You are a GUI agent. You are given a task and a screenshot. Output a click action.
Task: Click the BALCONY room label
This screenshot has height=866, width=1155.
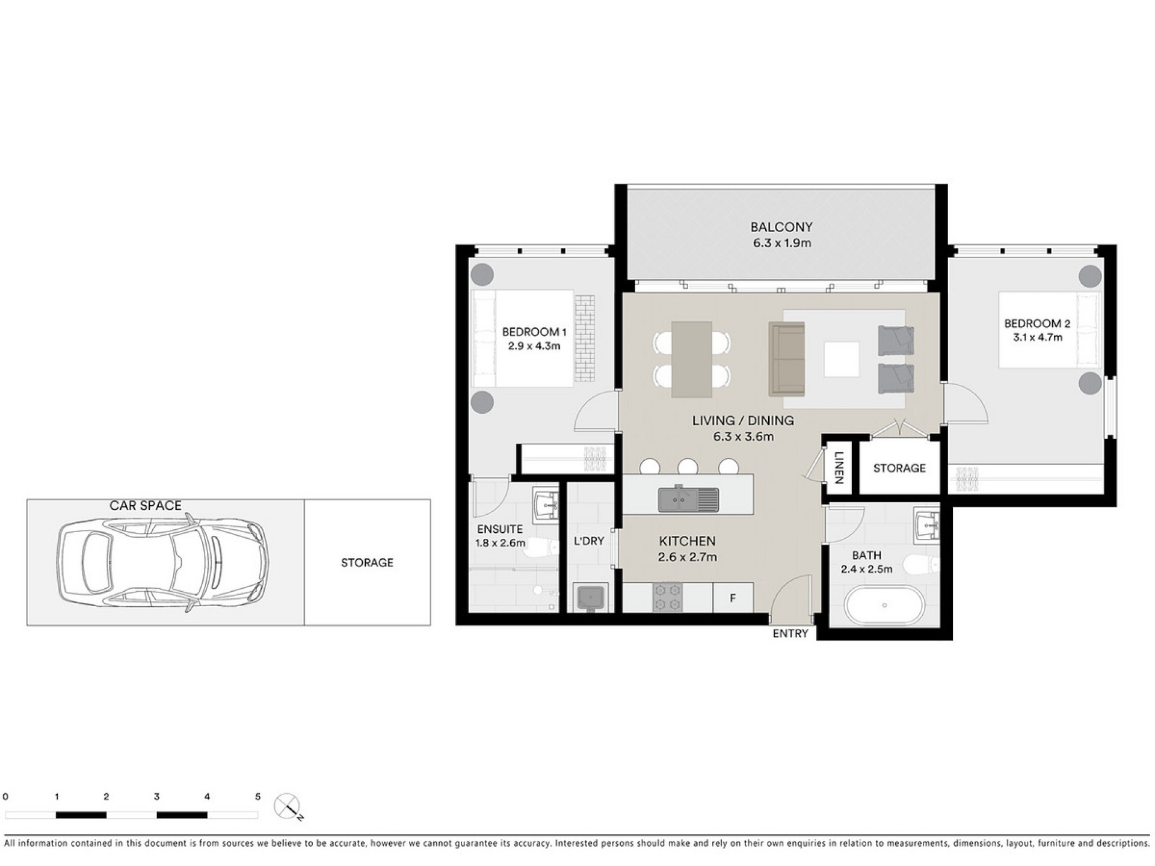point(781,227)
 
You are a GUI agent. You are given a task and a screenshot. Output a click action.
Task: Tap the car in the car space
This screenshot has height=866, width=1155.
point(163,562)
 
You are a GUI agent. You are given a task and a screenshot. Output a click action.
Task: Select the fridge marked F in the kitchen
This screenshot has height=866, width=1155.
point(733,598)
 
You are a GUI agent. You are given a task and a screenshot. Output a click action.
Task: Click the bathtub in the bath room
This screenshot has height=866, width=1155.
point(884,606)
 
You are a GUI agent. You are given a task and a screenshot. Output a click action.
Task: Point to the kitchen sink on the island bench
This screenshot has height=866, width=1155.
point(688,499)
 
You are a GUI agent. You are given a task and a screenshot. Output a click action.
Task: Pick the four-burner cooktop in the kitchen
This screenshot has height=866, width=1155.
point(668,597)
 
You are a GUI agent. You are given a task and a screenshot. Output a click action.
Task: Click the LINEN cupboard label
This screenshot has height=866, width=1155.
point(839,468)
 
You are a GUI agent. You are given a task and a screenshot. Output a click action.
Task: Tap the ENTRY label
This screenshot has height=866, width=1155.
point(790,633)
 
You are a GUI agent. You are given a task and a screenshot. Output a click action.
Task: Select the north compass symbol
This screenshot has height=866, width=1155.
point(288,806)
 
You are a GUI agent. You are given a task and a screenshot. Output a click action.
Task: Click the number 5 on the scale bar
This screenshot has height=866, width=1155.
point(257,797)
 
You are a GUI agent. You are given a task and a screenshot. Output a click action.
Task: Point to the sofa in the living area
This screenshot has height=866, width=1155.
point(787,359)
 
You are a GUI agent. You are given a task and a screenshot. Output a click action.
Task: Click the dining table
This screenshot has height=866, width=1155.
point(692,359)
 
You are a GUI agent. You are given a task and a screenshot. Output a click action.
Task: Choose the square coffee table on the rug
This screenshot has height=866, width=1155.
point(842,359)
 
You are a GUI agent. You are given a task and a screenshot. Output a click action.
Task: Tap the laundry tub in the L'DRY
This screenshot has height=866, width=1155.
point(590,598)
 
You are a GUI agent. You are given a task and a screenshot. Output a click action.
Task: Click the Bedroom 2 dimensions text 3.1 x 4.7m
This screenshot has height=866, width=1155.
point(1037,337)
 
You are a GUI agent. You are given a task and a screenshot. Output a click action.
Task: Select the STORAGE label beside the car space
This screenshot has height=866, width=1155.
point(367,563)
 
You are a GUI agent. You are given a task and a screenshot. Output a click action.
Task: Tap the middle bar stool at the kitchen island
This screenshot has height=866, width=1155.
point(688,467)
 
